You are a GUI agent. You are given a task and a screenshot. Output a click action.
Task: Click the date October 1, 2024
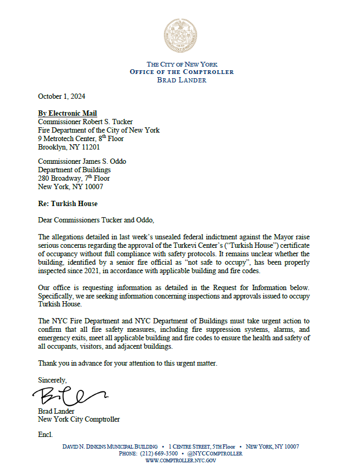[61, 97]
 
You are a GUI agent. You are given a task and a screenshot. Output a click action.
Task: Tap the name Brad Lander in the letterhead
[182, 80]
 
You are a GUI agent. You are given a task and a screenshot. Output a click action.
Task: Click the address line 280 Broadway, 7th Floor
[74, 178]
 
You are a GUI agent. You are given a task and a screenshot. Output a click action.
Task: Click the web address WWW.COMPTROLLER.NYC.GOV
[181, 461]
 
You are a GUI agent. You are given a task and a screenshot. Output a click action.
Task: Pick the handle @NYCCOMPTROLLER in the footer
[216, 453]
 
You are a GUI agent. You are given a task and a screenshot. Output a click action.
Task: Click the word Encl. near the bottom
[45, 434]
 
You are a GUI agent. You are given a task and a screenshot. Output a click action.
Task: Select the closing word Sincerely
[52, 380]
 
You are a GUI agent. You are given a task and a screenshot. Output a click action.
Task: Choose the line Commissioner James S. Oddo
[82, 162]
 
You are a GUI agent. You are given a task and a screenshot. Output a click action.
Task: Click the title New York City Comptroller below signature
[79, 420]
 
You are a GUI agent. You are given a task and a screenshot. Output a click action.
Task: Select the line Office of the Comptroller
[182, 72]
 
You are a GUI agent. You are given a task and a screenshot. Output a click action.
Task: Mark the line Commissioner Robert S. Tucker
[85, 122]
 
